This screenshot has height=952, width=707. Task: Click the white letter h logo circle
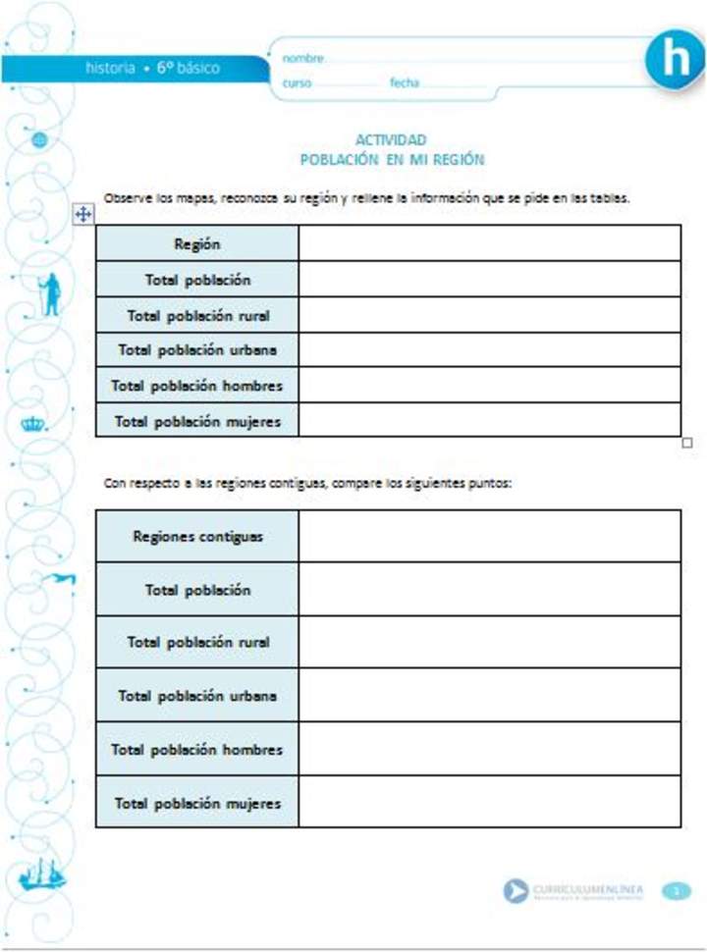click(675, 59)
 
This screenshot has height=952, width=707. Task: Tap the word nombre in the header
click(302, 59)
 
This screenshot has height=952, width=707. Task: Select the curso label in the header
click(297, 83)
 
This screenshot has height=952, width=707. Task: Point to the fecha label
click(405, 83)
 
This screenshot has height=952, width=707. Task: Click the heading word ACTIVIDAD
click(391, 140)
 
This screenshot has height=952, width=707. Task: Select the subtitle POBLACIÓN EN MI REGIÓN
click(392, 159)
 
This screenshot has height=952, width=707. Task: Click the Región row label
click(197, 244)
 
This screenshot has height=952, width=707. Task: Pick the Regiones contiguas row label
click(197, 537)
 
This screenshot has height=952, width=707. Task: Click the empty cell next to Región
click(489, 243)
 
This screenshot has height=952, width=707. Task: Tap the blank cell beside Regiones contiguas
click(489, 536)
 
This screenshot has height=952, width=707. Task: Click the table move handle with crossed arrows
click(83, 215)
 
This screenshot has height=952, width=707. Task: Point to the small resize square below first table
click(686, 443)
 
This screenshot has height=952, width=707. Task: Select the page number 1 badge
click(677, 891)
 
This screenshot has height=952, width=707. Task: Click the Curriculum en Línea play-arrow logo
click(516, 891)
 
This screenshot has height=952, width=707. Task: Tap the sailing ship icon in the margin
click(42, 873)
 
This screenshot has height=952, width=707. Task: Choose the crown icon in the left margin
click(33, 424)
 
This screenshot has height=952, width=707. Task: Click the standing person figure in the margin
click(48, 293)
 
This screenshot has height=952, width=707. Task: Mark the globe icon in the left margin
click(40, 140)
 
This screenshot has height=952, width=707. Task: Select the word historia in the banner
click(110, 69)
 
